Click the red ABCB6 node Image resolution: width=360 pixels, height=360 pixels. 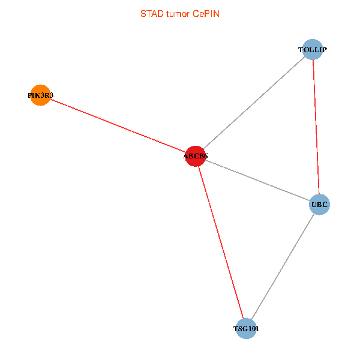click(x=196, y=157)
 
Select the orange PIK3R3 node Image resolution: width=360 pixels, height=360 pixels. click(x=40, y=95)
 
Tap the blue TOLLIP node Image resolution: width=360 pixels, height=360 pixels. click(x=312, y=49)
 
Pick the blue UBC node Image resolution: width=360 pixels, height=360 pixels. click(x=319, y=205)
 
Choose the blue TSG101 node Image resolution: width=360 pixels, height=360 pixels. click(x=246, y=329)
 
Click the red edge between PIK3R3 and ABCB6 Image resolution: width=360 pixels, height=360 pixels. click(x=118, y=126)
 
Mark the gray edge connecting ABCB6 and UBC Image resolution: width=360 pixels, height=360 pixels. click(x=257, y=181)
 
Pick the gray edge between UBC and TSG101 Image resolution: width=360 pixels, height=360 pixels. click(x=283, y=266)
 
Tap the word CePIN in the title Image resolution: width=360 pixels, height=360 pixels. click(x=206, y=13)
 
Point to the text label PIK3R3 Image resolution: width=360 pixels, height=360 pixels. click(x=40, y=95)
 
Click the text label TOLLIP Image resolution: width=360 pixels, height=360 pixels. click(x=312, y=49)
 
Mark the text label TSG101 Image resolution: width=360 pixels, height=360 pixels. click(x=246, y=329)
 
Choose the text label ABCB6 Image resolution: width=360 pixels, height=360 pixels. click(x=196, y=157)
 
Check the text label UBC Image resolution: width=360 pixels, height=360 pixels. click(x=319, y=205)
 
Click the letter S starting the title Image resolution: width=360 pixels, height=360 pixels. click(x=143, y=13)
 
